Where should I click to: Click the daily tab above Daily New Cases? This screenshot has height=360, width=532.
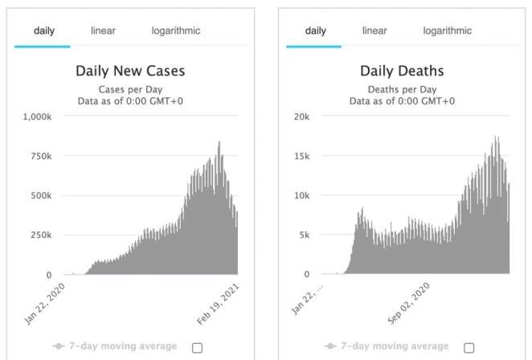(44, 31)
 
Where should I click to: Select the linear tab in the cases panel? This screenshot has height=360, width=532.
(103, 31)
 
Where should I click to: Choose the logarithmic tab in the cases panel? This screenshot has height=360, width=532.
(176, 31)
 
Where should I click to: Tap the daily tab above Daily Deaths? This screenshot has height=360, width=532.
(316, 31)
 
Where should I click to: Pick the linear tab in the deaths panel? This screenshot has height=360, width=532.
(374, 31)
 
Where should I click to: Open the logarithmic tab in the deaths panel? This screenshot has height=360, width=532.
(448, 31)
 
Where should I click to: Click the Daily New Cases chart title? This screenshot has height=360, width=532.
(130, 71)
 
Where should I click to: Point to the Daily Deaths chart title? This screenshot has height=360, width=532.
(402, 71)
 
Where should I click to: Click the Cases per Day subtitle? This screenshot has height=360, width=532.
(130, 88)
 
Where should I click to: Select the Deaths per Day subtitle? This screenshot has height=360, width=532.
(402, 88)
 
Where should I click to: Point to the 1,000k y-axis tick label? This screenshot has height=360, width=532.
(35, 117)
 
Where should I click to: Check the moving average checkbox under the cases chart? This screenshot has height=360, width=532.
(198, 347)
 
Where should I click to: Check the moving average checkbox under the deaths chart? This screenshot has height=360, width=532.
(469, 347)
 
